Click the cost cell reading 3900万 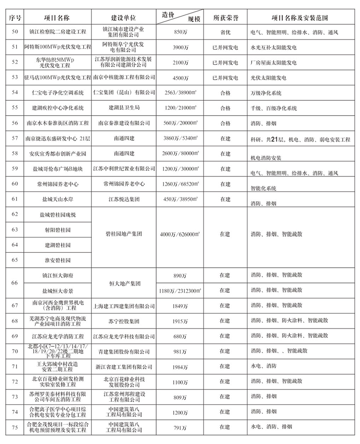click(x=180, y=47)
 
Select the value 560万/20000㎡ click(x=181, y=124)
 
